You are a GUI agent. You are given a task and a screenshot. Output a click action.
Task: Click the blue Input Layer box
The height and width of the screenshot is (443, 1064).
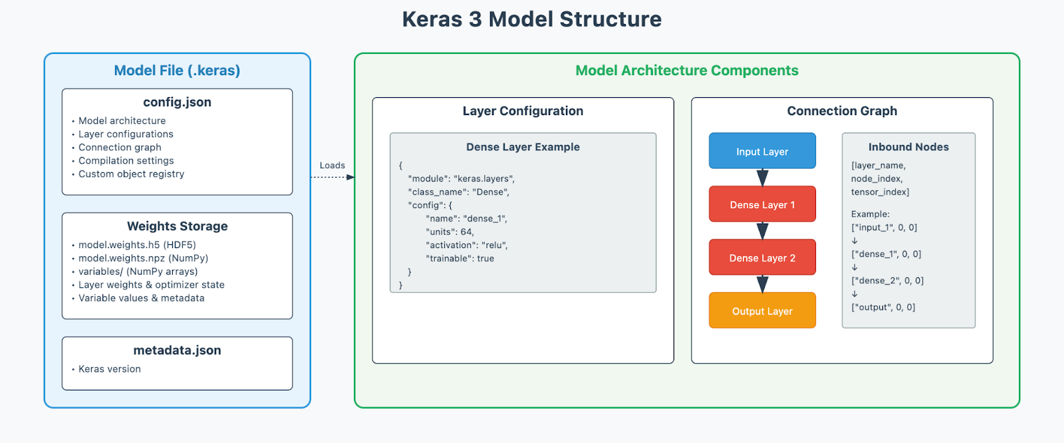coord(762,151)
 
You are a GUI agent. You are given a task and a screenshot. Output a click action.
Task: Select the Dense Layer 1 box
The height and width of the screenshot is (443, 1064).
coord(762,204)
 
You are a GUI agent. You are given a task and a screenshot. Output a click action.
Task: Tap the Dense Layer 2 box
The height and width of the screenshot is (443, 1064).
coord(762,257)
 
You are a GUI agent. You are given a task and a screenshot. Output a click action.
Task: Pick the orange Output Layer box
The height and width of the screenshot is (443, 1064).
coord(762,311)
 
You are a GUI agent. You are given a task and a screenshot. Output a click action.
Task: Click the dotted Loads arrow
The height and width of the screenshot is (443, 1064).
coord(332,178)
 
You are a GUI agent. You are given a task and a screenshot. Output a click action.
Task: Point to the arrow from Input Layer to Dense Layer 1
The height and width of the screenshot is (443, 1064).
coord(762,178)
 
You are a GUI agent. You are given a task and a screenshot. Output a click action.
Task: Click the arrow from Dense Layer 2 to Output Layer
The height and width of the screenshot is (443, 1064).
coord(762,284)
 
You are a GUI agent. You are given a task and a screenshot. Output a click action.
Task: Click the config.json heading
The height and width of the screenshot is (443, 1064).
coord(177,102)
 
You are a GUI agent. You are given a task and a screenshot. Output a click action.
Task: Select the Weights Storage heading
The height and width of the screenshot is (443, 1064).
coord(177,226)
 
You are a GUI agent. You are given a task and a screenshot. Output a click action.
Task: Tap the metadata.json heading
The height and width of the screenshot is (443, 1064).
coord(177,351)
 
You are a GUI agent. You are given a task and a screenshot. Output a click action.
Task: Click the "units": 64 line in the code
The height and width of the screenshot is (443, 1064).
coord(450,232)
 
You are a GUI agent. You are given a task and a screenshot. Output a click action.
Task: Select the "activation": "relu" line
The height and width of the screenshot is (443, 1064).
coord(467,245)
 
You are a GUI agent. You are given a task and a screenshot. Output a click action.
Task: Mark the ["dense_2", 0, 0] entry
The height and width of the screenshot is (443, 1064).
coord(887,281)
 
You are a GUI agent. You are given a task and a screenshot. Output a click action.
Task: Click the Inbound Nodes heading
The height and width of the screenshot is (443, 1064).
coord(908,147)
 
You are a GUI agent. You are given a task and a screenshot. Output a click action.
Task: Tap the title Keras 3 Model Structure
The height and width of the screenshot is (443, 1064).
coord(532,19)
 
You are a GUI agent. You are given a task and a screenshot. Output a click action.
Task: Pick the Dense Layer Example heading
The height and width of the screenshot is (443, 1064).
coord(523,147)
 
